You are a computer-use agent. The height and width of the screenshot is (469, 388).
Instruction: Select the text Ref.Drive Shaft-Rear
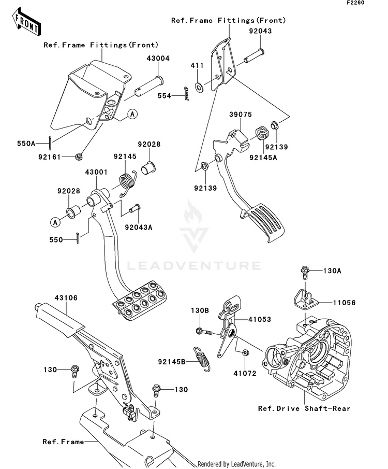click(304, 408)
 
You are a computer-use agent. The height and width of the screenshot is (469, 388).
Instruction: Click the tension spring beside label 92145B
click(201, 357)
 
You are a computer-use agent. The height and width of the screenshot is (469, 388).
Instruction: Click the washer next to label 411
click(200, 84)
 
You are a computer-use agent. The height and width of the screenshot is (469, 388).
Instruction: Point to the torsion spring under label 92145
click(126, 181)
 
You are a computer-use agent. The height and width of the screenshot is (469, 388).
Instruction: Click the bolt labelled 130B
click(202, 330)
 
